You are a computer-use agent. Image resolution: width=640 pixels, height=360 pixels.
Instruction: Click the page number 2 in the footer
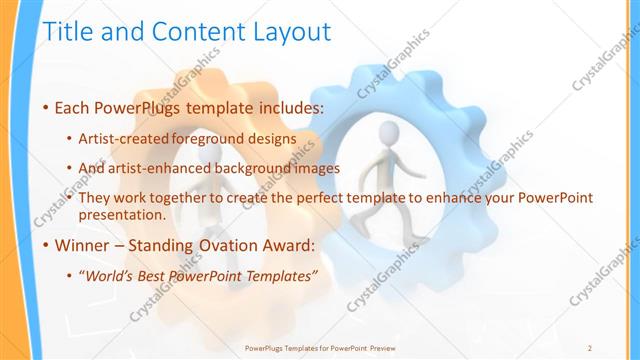point(590,347)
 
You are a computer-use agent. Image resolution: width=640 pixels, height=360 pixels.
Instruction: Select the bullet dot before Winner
point(45,244)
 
